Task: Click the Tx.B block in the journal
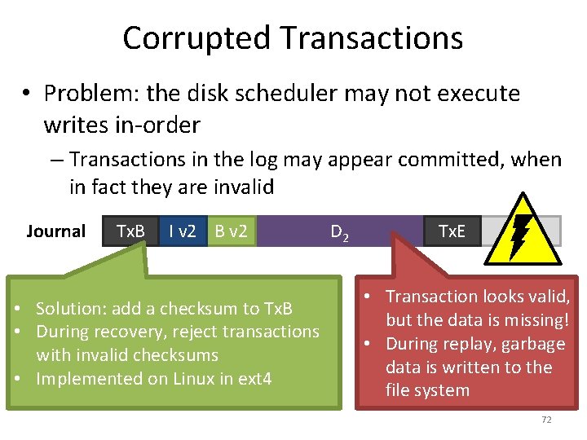tap(130, 231)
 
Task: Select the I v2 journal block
tap(182, 231)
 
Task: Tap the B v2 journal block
tap(232, 231)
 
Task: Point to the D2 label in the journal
tap(340, 233)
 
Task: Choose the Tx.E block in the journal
tap(452, 231)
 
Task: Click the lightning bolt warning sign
tap(518, 231)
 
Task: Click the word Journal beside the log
tap(55, 231)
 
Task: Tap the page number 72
tap(546, 420)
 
